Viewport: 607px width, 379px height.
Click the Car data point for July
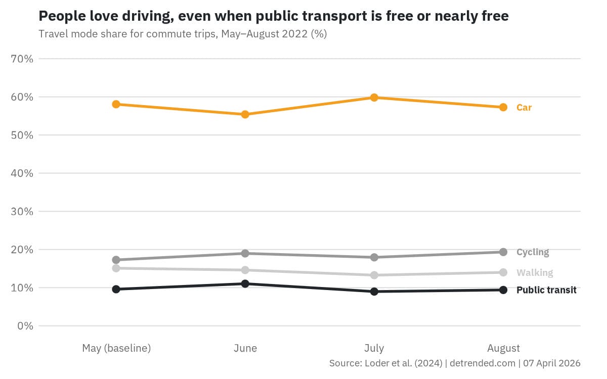click(374, 98)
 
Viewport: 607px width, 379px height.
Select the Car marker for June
click(245, 114)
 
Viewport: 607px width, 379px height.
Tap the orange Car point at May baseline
click(116, 104)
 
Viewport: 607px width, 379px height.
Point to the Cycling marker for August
click(503, 252)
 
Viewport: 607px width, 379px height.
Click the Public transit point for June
click(245, 283)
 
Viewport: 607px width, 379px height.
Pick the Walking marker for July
click(374, 275)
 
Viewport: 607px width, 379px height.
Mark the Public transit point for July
click(374, 292)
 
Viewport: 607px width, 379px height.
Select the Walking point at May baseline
click(116, 268)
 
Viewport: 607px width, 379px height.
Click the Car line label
click(524, 108)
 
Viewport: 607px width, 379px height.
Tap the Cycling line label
click(533, 252)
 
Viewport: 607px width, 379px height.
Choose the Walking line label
click(535, 273)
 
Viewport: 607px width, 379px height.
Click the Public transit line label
click(546, 290)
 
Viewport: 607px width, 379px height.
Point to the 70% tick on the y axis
click(22, 59)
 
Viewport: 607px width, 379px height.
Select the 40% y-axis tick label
click(22, 173)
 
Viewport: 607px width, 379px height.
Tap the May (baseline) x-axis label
click(116, 348)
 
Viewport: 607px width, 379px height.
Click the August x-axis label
click(503, 348)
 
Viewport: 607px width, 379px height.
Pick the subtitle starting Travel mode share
click(183, 34)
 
